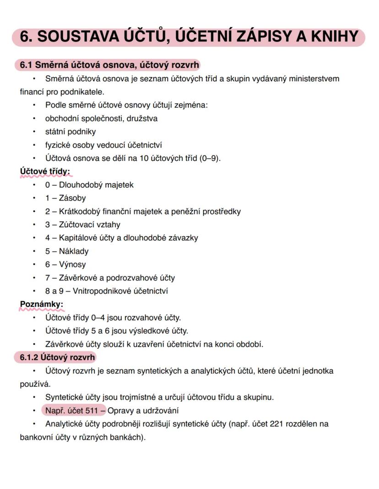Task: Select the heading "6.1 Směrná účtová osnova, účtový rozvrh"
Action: click(x=109, y=65)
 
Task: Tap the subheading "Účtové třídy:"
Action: click(x=45, y=171)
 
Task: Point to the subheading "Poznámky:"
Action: click(x=41, y=304)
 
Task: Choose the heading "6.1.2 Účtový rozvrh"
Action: click(x=57, y=357)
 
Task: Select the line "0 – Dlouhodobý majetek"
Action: click(x=89, y=185)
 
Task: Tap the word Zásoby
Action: click(x=72, y=198)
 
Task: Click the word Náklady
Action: click(x=74, y=251)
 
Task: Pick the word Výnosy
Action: click(x=72, y=265)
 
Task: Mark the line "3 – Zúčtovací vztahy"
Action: click(x=83, y=225)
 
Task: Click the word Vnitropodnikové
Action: click(x=95, y=291)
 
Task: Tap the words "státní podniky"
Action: click(x=70, y=132)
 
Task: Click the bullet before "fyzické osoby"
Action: click(x=34, y=145)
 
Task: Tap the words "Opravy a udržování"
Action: click(x=143, y=410)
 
